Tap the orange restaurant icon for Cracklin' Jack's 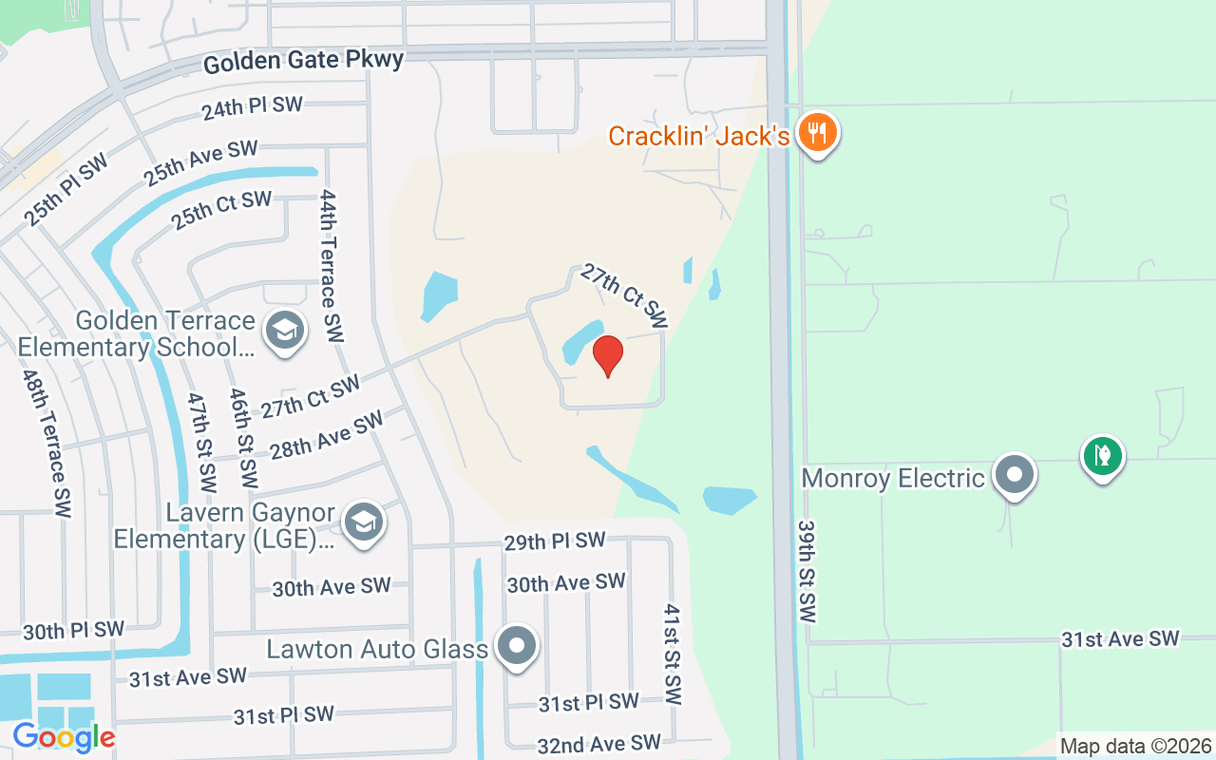click(x=816, y=133)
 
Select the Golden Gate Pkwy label click(x=303, y=61)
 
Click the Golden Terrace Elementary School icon click(x=284, y=332)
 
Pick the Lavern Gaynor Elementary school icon click(x=363, y=523)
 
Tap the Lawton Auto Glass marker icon click(x=518, y=647)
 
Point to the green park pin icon click(x=1102, y=457)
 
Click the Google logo click(x=64, y=736)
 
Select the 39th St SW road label click(x=807, y=571)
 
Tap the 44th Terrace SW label click(x=330, y=266)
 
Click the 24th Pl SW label click(x=251, y=107)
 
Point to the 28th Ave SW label click(x=327, y=434)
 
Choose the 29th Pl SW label click(x=554, y=541)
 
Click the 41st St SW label click(x=673, y=654)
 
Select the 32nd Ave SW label click(x=598, y=743)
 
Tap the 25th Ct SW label click(x=221, y=210)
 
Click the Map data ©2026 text click(x=1135, y=746)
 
